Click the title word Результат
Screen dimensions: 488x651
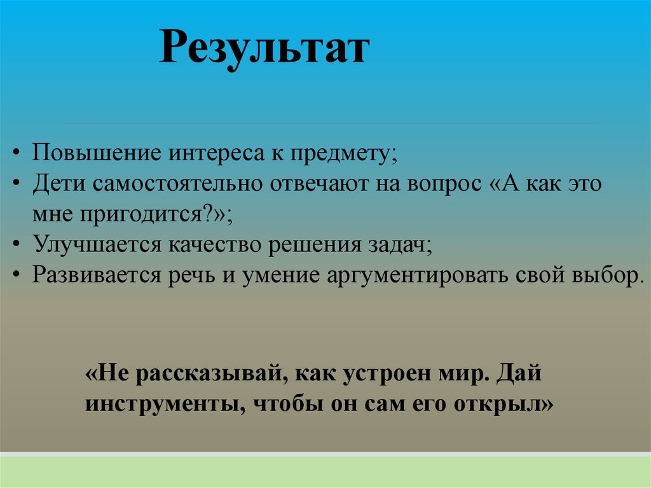263,50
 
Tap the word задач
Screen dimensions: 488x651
401,244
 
